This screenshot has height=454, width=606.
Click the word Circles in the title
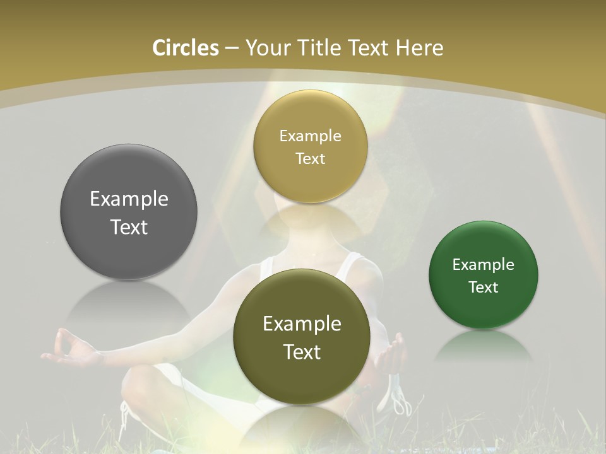(185, 48)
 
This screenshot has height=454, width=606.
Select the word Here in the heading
(419, 48)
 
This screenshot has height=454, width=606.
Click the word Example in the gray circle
(129, 199)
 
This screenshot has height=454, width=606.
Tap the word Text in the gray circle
(129, 227)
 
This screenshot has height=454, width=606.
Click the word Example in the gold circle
(310, 136)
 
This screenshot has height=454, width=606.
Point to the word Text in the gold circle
(310, 159)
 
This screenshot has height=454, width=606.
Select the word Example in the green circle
(483, 265)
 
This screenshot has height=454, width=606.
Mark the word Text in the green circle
(483, 288)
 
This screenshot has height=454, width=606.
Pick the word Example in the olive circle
(302, 324)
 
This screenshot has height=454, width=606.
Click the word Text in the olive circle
(302, 352)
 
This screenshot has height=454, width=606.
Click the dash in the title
(232, 49)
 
